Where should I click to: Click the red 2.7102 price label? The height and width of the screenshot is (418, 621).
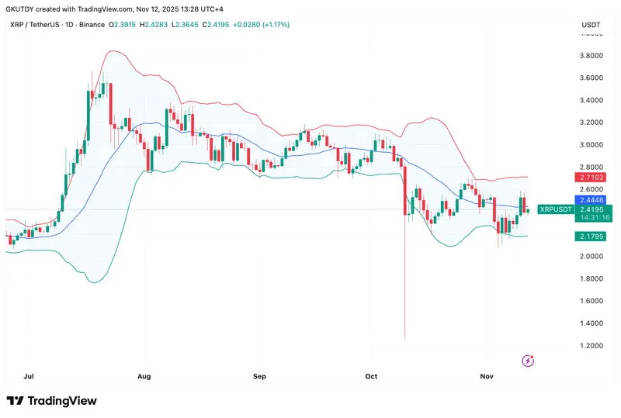[593, 178]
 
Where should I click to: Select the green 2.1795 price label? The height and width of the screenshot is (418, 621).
[593, 236]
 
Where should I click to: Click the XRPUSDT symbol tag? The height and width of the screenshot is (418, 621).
[556, 209]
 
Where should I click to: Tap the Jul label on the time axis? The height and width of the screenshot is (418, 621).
[29, 376]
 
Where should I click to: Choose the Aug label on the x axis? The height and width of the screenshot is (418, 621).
[144, 376]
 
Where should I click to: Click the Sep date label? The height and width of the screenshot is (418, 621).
[259, 376]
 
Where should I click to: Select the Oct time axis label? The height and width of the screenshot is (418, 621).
[371, 376]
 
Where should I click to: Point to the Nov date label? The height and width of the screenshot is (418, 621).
[487, 376]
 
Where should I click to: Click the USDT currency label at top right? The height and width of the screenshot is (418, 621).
[591, 25]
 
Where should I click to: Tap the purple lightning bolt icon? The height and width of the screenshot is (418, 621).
[529, 360]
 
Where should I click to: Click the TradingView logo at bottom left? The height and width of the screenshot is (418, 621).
[52, 401]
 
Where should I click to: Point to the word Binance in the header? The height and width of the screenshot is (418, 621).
[90, 25]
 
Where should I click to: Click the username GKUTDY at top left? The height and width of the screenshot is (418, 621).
[22, 8]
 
